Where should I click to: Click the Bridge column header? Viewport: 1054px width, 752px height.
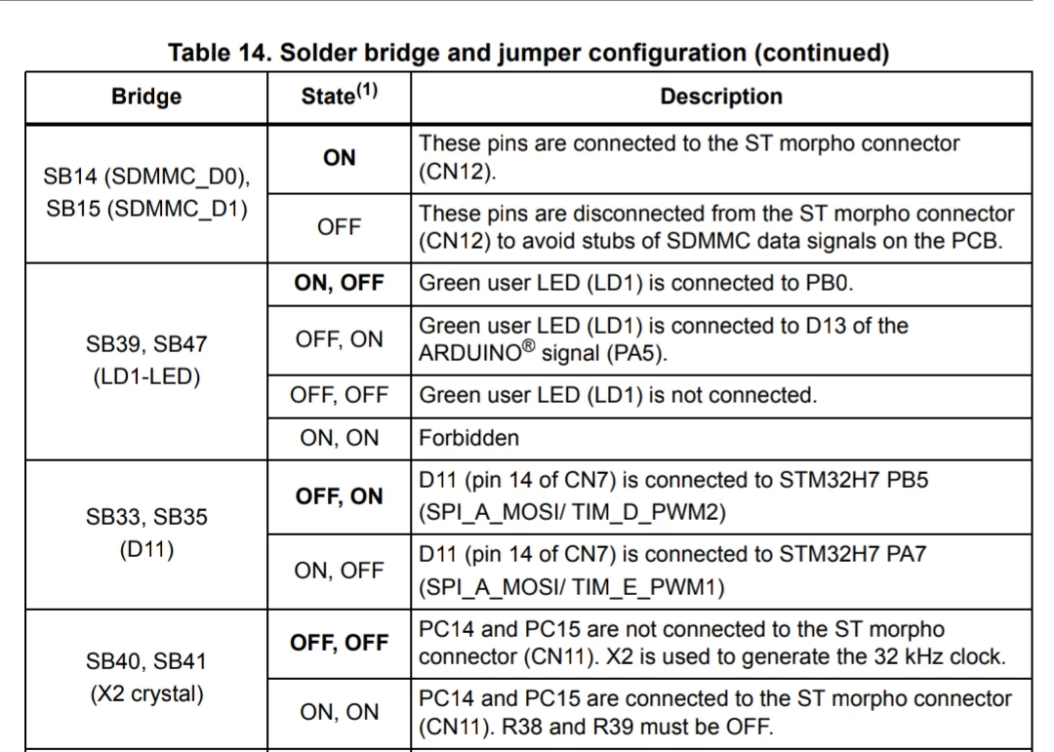click(145, 97)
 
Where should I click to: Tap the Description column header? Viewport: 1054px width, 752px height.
click(721, 97)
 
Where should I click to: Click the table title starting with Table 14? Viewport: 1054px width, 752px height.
click(528, 53)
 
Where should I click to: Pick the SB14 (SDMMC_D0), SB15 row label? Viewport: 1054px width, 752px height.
click(146, 192)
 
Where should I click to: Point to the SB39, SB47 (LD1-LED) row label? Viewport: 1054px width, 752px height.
click(146, 360)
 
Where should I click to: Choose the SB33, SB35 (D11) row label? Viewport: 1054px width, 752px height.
click(146, 533)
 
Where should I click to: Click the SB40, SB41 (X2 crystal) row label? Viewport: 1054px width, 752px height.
click(146, 678)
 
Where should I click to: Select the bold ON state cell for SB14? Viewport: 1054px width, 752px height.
click(339, 157)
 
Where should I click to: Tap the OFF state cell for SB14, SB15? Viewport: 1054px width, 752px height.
click(339, 226)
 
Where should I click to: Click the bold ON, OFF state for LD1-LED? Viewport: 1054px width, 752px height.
click(339, 282)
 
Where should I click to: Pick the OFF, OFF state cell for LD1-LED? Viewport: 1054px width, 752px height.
click(339, 394)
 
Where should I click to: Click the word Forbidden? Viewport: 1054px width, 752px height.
click(468, 438)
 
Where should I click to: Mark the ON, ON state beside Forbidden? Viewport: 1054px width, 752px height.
click(339, 438)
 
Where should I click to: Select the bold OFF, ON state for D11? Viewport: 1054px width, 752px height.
click(339, 495)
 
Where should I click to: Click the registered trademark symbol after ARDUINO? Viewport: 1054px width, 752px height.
click(529, 345)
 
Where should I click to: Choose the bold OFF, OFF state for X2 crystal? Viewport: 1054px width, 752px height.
click(339, 643)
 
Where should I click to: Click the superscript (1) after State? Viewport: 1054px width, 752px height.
click(367, 90)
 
